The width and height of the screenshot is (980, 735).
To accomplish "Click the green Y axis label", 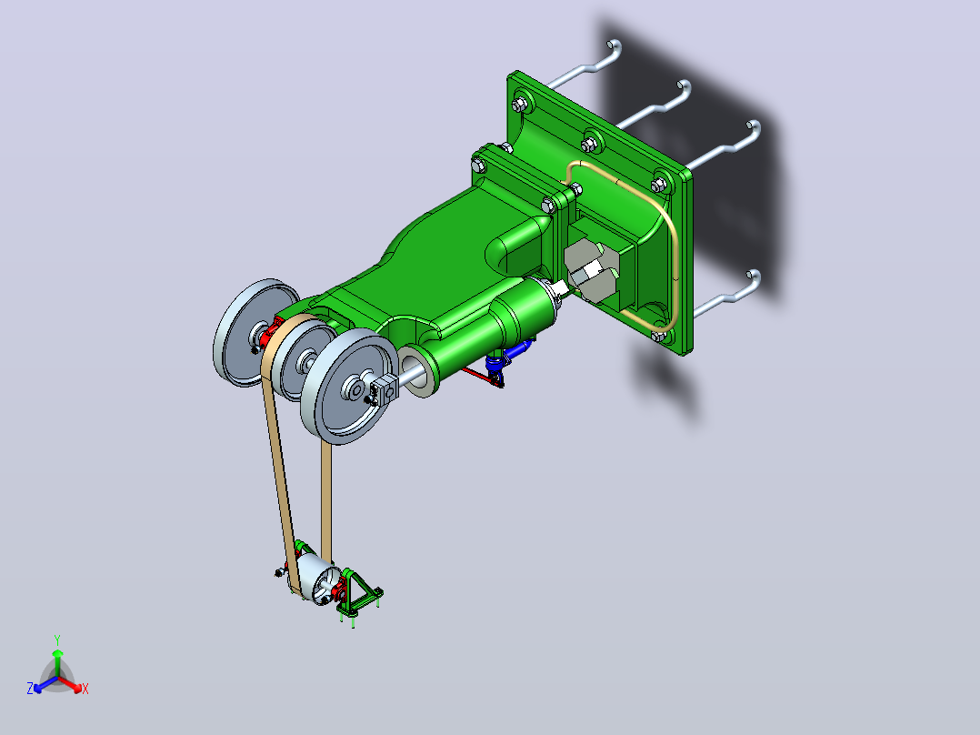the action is [x=57, y=639].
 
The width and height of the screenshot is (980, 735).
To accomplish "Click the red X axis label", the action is [x=85, y=689].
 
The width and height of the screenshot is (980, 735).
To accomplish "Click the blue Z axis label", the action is [x=30, y=688].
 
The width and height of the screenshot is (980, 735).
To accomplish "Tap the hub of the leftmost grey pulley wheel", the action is [x=257, y=334].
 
